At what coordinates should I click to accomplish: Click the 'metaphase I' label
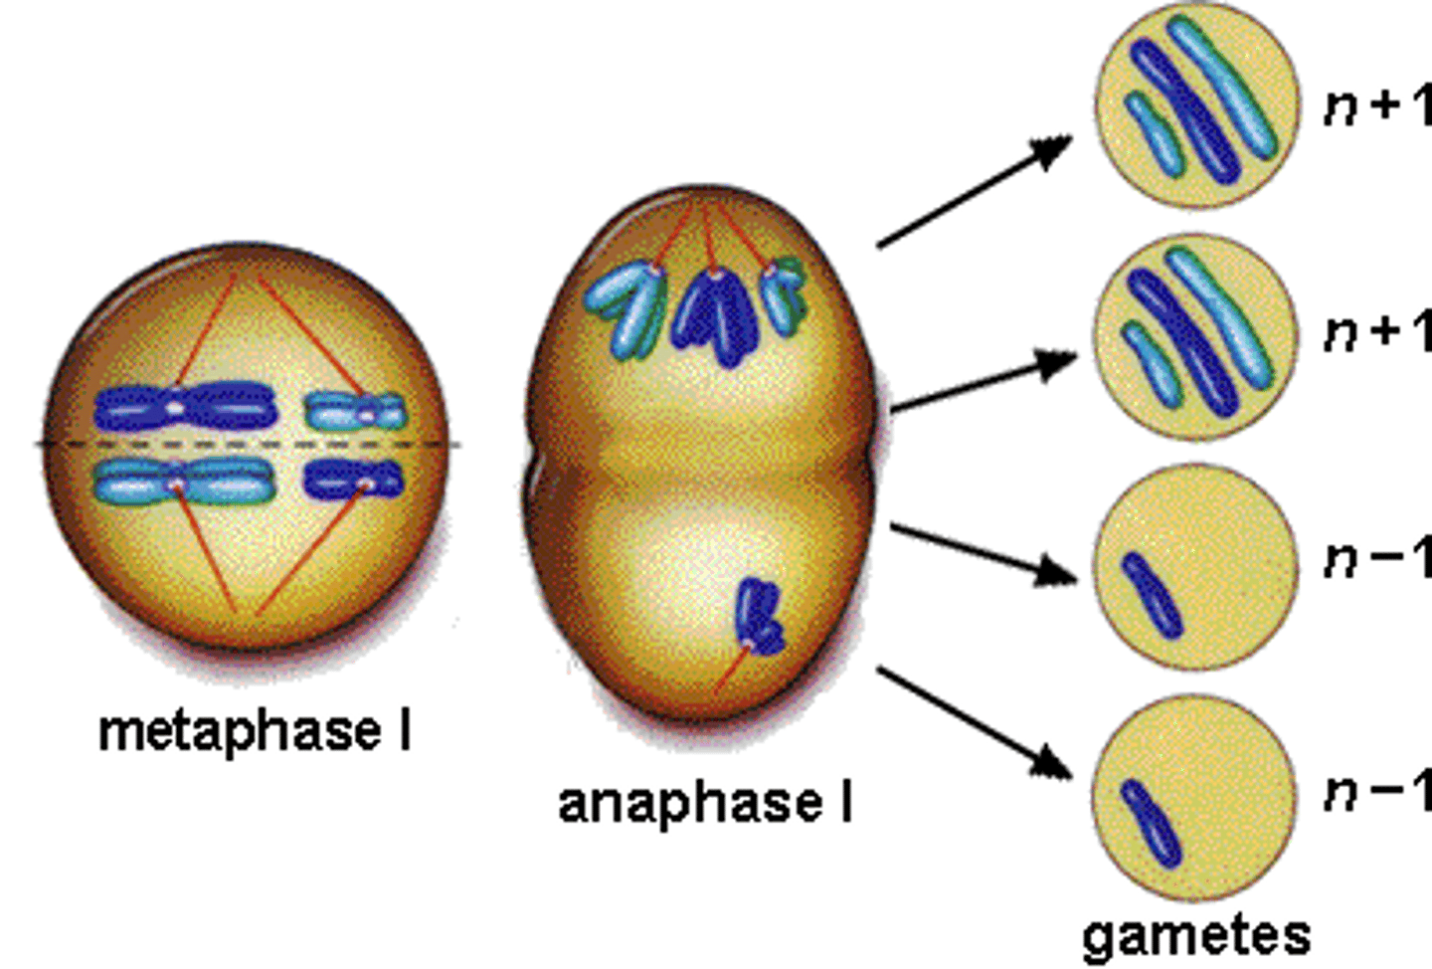[x=255, y=731]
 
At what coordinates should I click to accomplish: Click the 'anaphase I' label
[x=705, y=803]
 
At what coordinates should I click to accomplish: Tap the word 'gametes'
[x=1196, y=935]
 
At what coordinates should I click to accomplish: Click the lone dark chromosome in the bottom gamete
[x=1152, y=823]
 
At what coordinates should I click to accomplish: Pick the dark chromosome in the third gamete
[x=1153, y=594]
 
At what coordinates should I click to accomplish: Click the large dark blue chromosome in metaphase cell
[x=184, y=408]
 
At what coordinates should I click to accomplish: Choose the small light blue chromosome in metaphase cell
[x=354, y=409]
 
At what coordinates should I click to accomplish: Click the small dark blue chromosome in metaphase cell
[x=354, y=481]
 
